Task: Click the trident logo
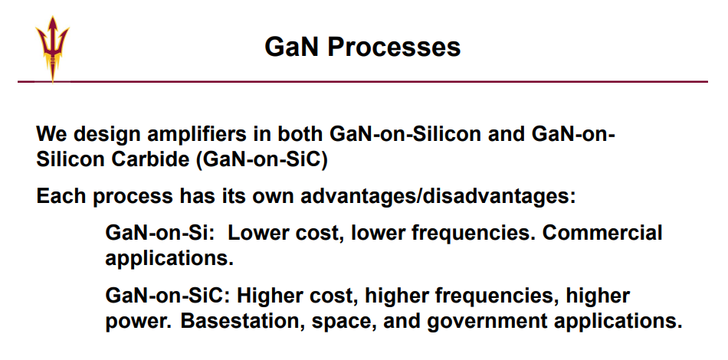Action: tap(52, 49)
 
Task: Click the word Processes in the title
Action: tap(394, 47)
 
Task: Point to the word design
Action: tap(108, 135)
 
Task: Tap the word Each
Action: tap(61, 196)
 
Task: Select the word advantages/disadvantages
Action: tap(438, 197)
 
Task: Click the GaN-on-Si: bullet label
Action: tap(159, 232)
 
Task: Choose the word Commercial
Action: tap(602, 232)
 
